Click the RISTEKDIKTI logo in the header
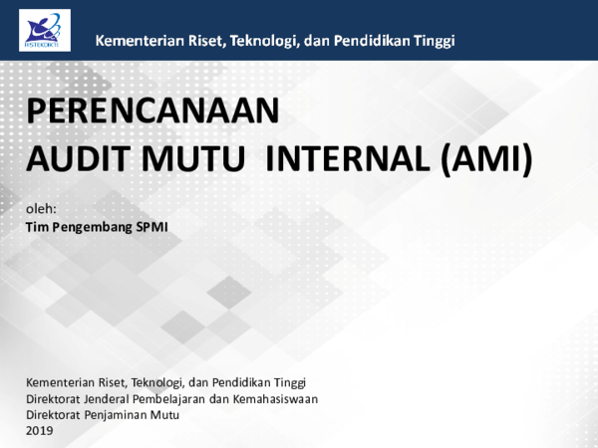tap(45, 30)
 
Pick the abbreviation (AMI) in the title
tap(486, 159)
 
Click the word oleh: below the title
tap(41, 208)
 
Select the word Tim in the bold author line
tap(36, 227)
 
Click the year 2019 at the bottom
tap(39, 430)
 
